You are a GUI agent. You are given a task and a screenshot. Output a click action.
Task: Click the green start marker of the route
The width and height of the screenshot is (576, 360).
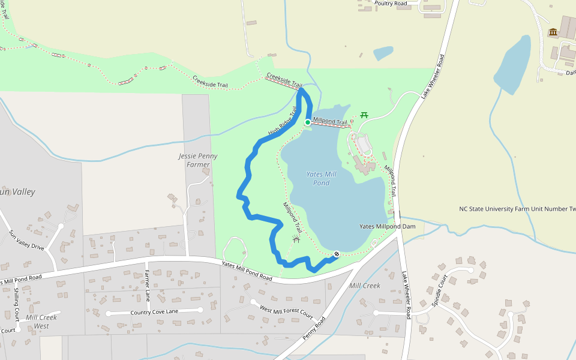[x=307, y=122]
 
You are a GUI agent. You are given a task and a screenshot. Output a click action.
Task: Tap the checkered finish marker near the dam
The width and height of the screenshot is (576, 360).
[x=337, y=254]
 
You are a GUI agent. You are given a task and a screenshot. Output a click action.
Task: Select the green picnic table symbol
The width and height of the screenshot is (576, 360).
[x=364, y=115]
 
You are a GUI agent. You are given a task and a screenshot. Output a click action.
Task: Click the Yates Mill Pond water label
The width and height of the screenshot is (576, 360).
[x=322, y=178]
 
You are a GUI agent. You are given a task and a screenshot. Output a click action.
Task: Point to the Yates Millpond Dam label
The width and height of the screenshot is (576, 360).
[x=387, y=226]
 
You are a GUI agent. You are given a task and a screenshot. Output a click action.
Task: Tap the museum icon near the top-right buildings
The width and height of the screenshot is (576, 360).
[x=553, y=32]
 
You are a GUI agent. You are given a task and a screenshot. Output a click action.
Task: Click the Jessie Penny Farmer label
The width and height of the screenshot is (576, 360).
[x=198, y=160]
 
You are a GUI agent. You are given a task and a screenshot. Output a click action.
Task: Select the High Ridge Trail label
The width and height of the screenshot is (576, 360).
[x=282, y=121]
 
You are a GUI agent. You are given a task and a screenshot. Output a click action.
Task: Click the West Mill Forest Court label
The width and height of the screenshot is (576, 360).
[x=286, y=312]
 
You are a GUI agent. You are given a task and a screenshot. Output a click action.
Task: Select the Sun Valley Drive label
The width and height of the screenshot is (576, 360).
[x=26, y=239]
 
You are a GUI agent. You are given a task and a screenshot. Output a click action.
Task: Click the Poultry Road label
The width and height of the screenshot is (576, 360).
[x=391, y=4]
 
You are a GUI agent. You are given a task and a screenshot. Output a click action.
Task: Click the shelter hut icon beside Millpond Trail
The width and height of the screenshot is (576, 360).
[x=296, y=239]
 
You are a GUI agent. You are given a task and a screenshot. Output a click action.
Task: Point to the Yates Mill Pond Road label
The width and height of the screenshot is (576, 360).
[x=247, y=271]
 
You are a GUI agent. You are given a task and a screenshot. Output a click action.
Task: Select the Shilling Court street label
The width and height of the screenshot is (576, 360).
[x=16, y=304]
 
